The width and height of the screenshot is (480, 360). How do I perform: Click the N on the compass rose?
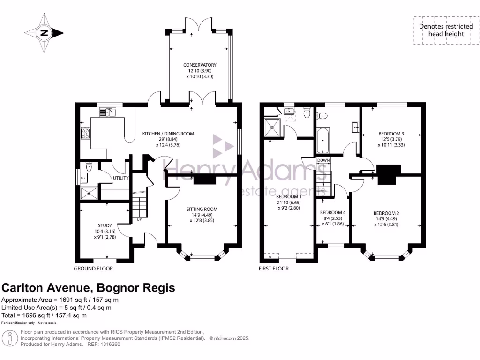click(x=45, y=33)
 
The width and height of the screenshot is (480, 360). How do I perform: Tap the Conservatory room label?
click(x=200, y=65)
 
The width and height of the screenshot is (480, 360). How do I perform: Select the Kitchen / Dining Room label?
click(x=168, y=134)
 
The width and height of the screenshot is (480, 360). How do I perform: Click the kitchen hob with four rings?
click(x=85, y=133)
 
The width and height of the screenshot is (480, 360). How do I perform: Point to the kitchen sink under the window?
click(x=107, y=112)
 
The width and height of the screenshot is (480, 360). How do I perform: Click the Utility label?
click(x=121, y=178)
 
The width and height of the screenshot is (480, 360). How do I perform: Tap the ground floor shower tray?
click(x=89, y=193)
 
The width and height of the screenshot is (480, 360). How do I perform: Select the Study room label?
click(x=105, y=225)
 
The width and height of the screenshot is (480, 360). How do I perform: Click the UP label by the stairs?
click(x=139, y=219)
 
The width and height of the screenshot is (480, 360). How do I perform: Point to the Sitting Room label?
click(x=202, y=209)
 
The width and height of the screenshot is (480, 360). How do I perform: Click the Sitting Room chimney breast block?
click(x=205, y=180)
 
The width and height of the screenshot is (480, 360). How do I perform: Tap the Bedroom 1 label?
click(x=289, y=196)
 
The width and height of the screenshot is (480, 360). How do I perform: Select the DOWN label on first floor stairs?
click(x=323, y=160)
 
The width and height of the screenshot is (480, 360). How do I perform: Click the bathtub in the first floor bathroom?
click(x=323, y=141)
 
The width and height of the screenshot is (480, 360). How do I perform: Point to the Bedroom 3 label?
click(x=391, y=134)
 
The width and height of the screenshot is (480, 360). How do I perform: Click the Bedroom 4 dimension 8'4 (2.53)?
click(x=332, y=218)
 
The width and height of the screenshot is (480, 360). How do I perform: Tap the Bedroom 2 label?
click(x=386, y=213)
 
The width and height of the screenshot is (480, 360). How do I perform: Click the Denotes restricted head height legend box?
click(x=446, y=30)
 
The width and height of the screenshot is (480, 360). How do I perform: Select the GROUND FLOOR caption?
click(x=93, y=269)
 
